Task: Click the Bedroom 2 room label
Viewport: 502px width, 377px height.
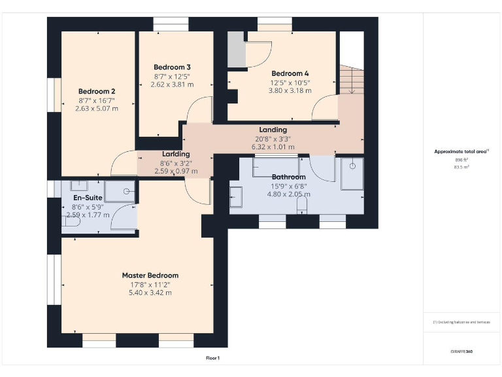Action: pos(97,91)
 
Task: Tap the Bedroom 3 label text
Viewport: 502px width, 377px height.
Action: pos(172,67)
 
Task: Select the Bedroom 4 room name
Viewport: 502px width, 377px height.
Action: pos(290,73)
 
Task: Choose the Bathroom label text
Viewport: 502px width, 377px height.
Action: pos(288,177)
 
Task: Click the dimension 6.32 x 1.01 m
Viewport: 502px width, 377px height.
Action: pos(273,147)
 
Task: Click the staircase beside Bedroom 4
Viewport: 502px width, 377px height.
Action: pos(351,79)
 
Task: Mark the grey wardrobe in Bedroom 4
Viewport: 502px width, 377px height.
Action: pos(235,49)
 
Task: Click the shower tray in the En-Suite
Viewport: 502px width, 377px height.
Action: pos(121,191)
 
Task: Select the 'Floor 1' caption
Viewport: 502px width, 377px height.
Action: pos(212,358)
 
